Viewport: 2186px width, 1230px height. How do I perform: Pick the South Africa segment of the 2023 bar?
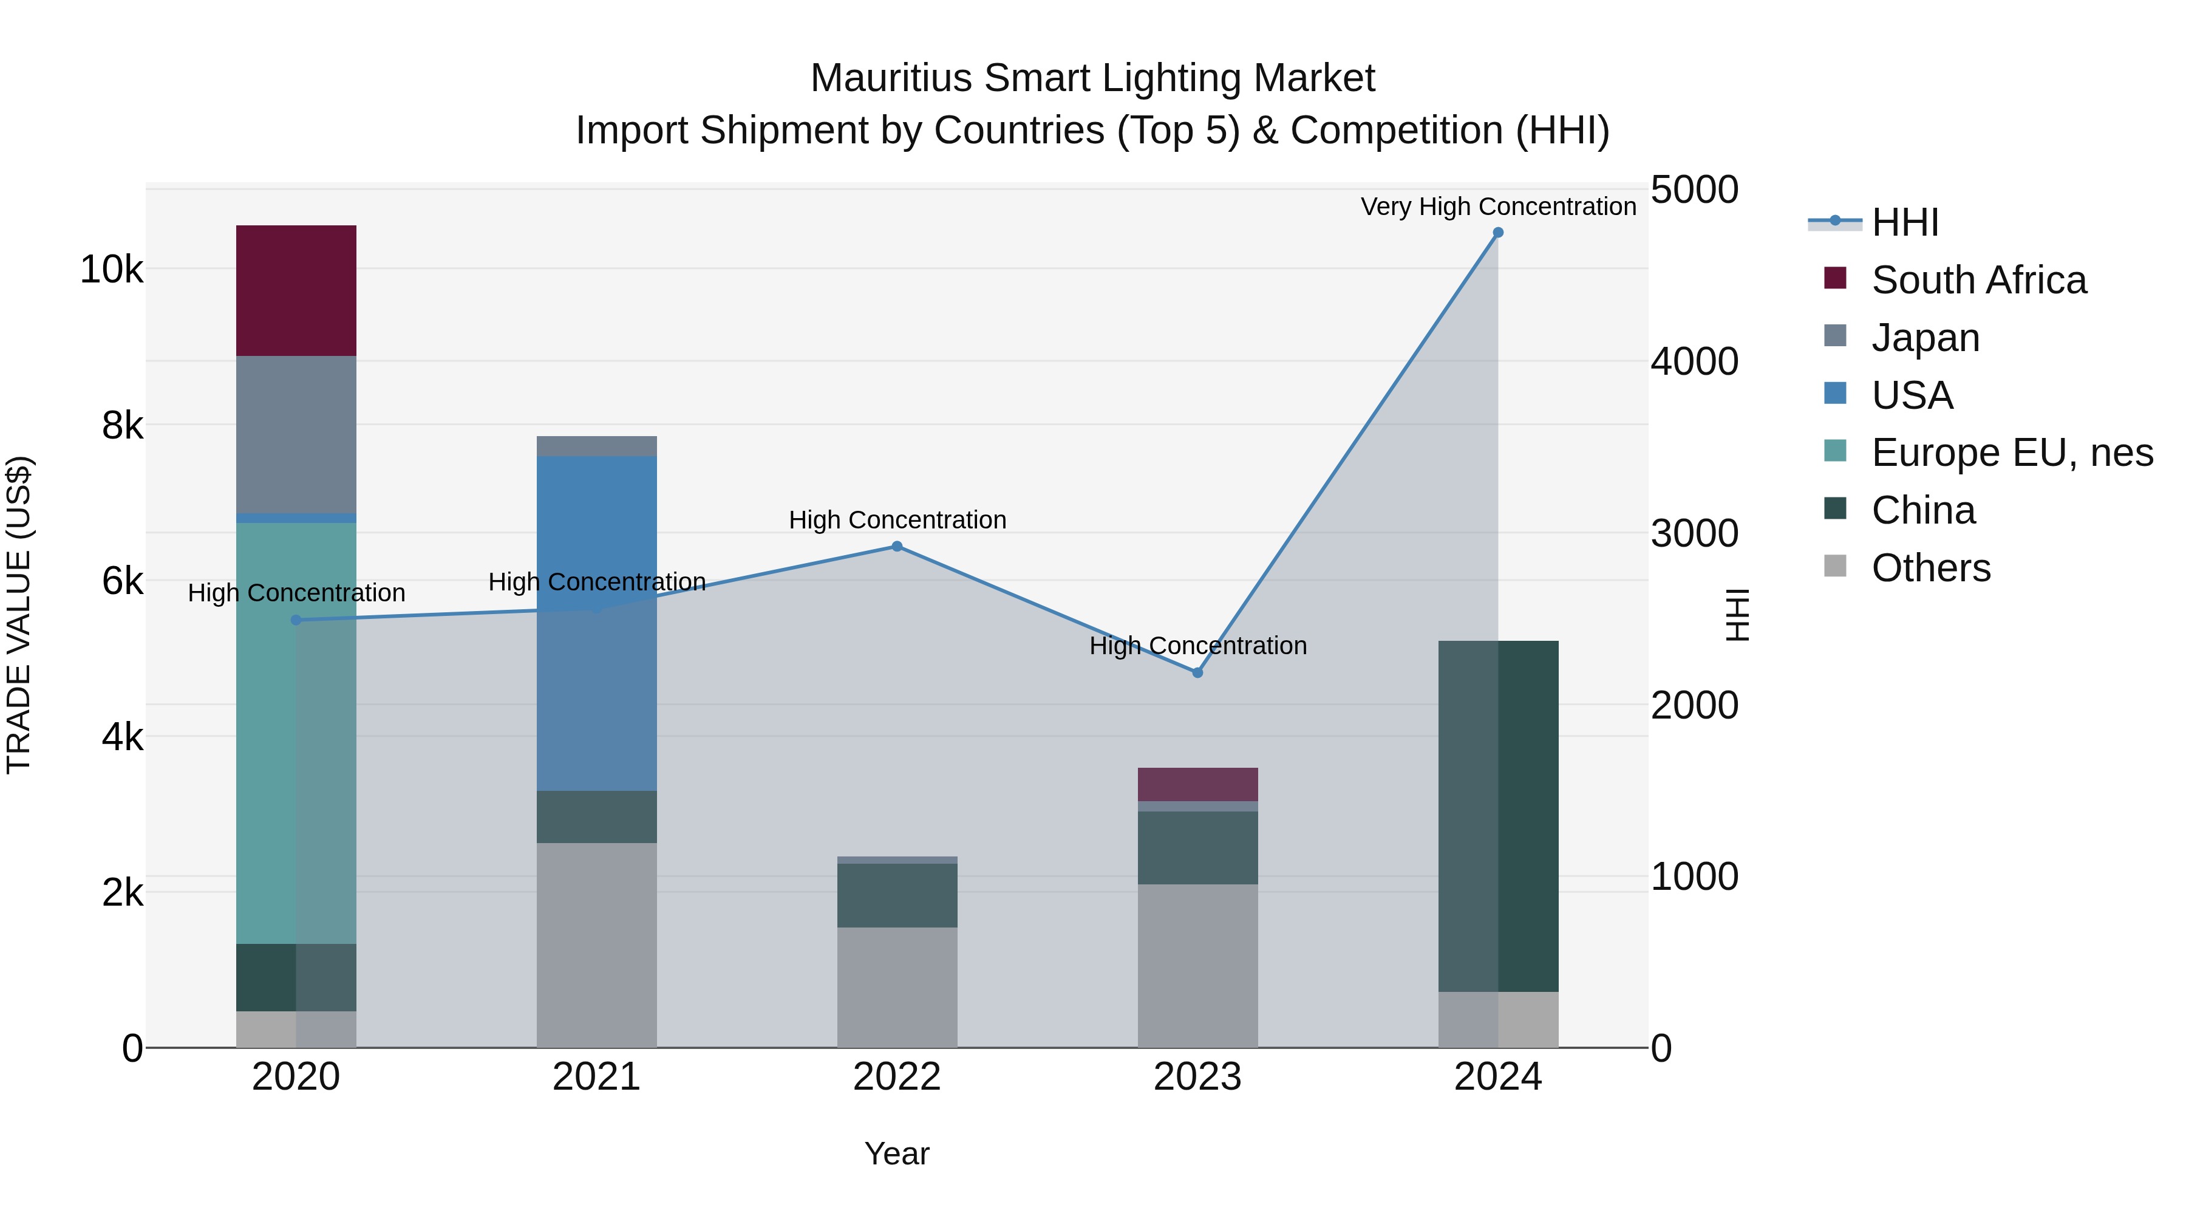click(x=1197, y=784)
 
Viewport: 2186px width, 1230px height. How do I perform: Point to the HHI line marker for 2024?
click(x=1498, y=233)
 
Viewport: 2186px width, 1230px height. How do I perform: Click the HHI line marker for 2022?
click(x=897, y=547)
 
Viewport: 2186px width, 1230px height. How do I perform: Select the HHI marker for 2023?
click(x=1197, y=672)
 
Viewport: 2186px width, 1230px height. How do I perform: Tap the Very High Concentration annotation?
click(x=1498, y=207)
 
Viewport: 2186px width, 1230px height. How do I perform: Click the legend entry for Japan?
click(x=1926, y=338)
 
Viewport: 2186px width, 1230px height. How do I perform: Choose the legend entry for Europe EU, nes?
click(x=2011, y=453)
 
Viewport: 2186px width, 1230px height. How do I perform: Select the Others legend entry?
click(x=1930, y=568)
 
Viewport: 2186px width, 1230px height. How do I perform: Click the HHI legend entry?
click(x=1904, y=222)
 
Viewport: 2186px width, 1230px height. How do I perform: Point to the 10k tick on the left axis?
click(x=111, y=270)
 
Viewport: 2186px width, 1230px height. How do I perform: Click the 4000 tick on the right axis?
click(x=1694, y=361)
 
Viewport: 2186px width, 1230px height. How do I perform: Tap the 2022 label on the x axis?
click(x=897, y=1077)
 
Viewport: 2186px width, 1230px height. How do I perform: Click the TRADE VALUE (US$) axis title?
click(x=19, y=615)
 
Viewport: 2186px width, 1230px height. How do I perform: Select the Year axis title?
click(x=897, y=1153)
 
